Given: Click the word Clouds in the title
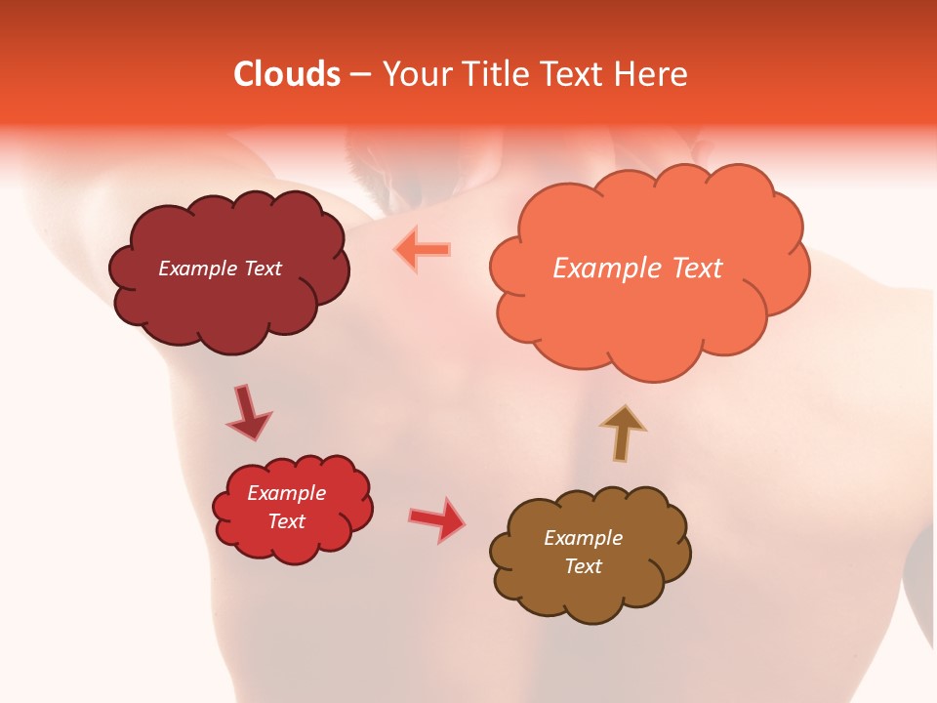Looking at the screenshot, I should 286,74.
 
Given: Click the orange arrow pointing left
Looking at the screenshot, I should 423,249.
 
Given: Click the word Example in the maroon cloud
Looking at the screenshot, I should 198,269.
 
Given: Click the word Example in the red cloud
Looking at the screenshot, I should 286,493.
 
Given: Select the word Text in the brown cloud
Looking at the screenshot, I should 583,566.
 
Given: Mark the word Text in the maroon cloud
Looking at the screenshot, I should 262,269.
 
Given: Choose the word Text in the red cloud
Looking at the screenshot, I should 286,521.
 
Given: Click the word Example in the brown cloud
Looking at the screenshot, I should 583,538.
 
